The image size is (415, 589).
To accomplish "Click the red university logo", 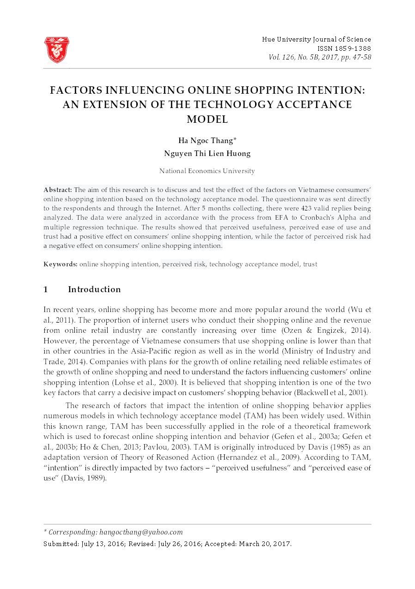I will (x=56, y=49).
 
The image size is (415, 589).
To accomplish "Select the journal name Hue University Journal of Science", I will (x=316, y=40).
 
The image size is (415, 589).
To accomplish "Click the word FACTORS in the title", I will (x=77, y=90).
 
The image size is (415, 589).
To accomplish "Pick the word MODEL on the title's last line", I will (x=207, y=120).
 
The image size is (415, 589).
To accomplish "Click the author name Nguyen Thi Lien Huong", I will (x=207, y=154).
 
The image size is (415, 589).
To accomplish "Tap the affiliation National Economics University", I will (x=207, y=171).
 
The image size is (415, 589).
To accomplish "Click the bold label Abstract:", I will (x=58, y=190).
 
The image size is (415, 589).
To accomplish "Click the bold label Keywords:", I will (x=61, y=264).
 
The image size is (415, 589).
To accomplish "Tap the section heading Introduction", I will (x=94, y=289).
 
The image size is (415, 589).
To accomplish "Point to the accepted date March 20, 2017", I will (x=265, y=544).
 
